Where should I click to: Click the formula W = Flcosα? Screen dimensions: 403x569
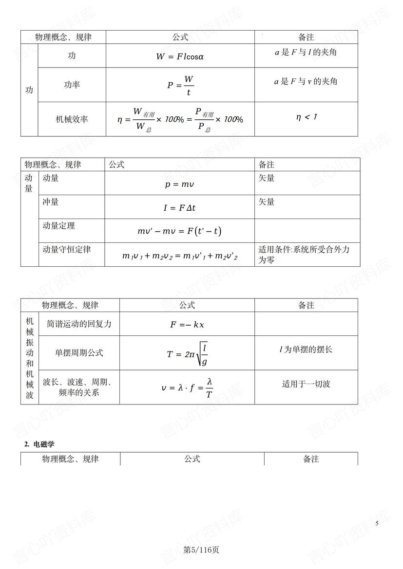click(x=180, y=56)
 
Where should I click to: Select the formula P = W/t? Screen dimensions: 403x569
click(x=180, y=85)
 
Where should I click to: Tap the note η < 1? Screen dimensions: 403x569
click(x=306, y=117)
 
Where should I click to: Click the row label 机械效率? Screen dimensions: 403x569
click(x=72, y=119)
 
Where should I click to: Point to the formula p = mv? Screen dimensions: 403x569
click(x=179, y=185)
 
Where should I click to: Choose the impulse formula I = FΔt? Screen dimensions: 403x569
click(x=179, y=208)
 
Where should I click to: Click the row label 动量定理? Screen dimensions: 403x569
click(x=59, y=226)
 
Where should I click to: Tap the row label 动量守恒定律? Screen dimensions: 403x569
click(x=67, y=249)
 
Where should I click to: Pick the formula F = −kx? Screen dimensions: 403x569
click(x=187, y=325)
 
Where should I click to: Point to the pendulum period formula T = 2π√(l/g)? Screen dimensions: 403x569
click(x=187, y=354)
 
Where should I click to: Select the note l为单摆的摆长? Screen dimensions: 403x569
click(x=306, y=349)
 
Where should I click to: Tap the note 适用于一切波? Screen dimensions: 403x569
click(x=306, y=384)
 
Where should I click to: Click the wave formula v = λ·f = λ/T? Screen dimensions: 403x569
click(x=187, y=387)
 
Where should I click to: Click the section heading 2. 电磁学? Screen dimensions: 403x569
click(x=39, y=444)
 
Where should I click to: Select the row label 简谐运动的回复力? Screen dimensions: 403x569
click(x=79, y=324)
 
